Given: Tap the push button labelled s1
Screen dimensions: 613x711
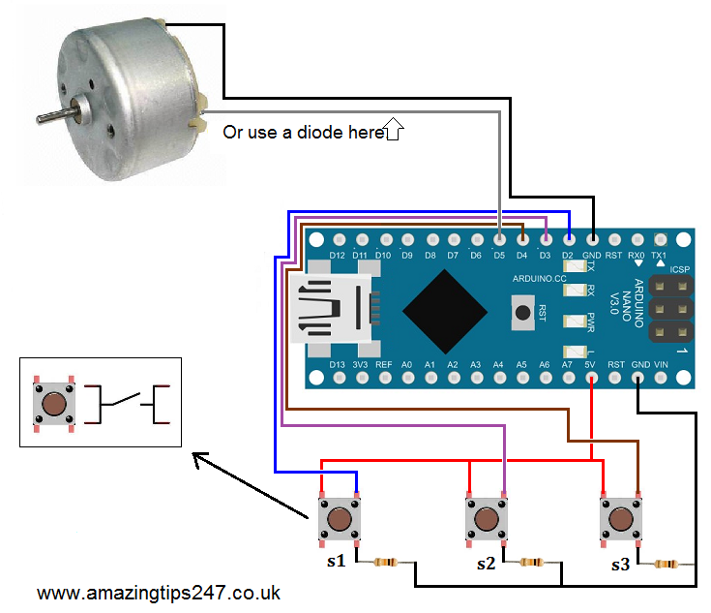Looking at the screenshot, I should (x=340, y=520).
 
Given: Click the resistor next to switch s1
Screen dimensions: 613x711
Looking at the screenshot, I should (x=386, y=562).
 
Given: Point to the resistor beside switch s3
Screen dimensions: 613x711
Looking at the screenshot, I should (x=667, y=563).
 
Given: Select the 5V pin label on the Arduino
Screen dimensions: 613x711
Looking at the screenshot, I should (x=591, y=364).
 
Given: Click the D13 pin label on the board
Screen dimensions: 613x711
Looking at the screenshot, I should (x=337, y=364).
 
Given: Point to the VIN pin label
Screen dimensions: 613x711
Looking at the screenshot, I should (x=662, y=364).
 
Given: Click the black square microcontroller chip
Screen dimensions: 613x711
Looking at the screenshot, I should (x=445, y=310).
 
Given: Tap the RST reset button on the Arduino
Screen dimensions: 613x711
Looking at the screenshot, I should (x=522, y=312).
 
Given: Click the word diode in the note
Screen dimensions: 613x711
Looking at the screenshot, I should (x=325, y=133).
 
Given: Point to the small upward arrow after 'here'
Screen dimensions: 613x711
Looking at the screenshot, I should (x=394, y=129).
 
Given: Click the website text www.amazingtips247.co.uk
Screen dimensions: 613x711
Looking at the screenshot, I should (x=160, y=591).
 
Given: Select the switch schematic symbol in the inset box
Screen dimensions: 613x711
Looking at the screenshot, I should (x=131, y=403).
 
